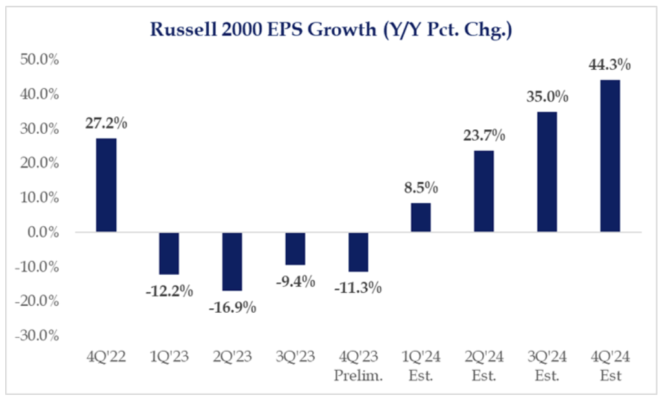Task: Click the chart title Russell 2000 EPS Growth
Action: click(331, 30)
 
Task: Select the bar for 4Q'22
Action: click(106, 185)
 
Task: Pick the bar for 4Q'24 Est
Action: click(610, 156)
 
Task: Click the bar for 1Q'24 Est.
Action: click(421, 217)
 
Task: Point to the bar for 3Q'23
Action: click(295, 248)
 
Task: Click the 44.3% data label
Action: click(610, 65)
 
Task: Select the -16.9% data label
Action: click(232, 307)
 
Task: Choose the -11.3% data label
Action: click(358, 288)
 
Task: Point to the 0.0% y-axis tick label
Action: click(39, 232)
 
